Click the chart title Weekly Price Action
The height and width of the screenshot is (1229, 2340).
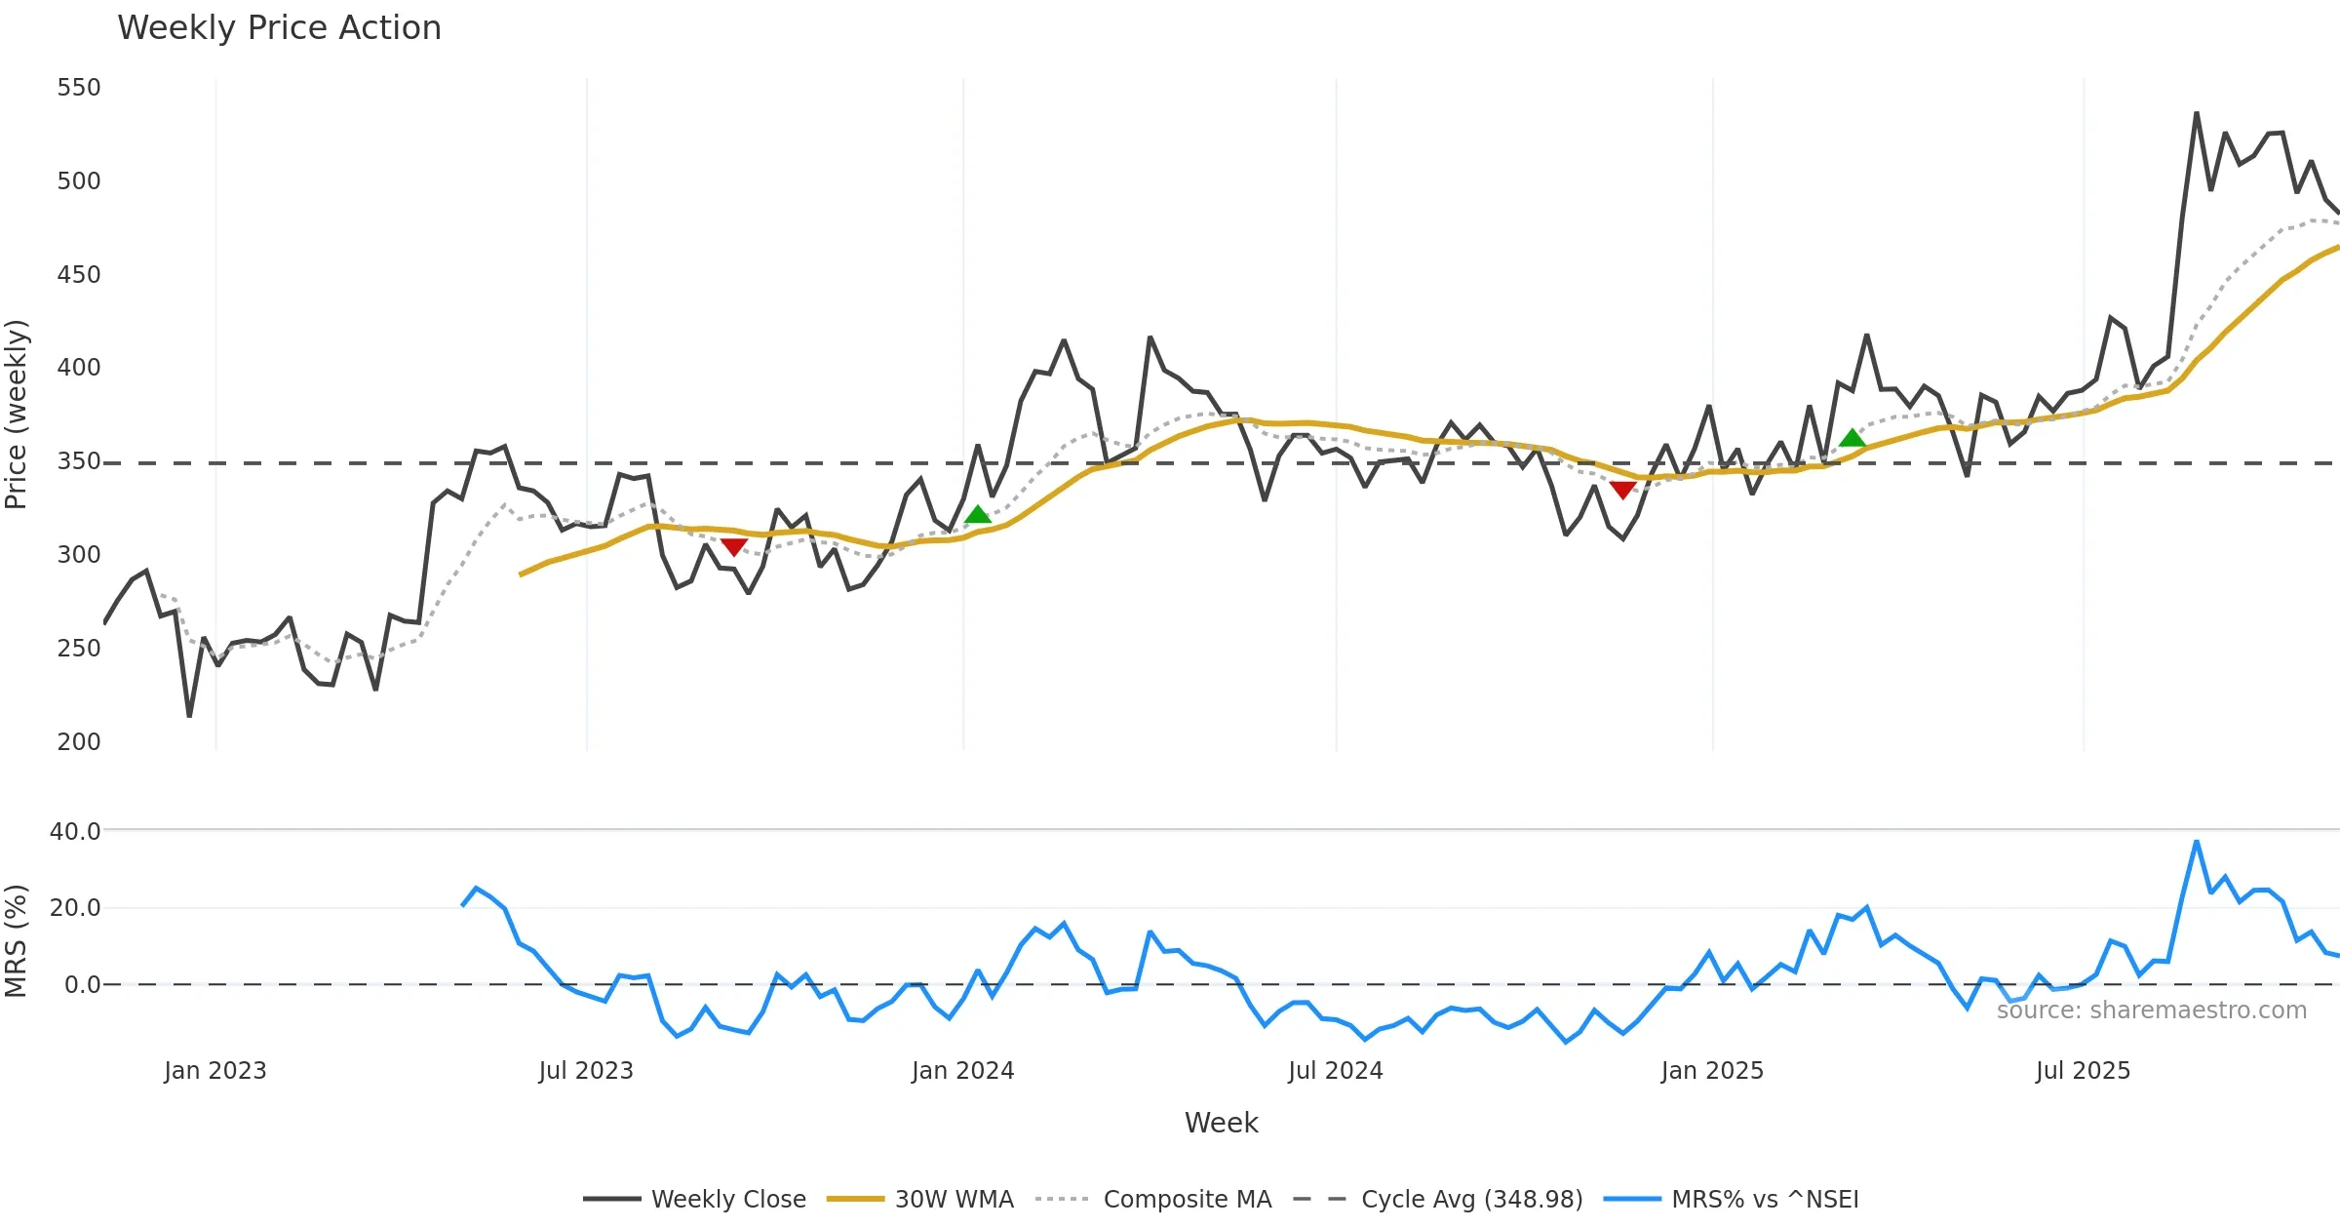tap(279, 28)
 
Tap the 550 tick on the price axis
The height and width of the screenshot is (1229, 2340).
tap(79, 88)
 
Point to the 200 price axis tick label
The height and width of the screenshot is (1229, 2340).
tap(79, 742)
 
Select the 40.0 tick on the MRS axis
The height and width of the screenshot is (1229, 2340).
tap(75, 831)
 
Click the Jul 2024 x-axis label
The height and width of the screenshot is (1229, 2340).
tap(1335, 1071)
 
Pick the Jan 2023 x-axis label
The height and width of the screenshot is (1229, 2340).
tap(214, 1071)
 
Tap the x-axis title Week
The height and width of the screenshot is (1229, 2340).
tap(1221, 1123)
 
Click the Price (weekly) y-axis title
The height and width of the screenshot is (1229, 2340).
tap(17, 415)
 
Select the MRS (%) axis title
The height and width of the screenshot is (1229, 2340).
tap(17, 940)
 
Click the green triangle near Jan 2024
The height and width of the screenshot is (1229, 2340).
tap(978, 515)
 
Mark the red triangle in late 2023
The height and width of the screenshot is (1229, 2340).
tap(734, 546)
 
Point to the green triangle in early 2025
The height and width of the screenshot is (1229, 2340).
tap(1852, 438)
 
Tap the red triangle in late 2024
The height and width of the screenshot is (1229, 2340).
tap(1622, 490)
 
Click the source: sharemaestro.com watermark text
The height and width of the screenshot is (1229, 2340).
tap(2151, 1011)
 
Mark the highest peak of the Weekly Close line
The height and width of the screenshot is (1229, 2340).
tap(2197, 113)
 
